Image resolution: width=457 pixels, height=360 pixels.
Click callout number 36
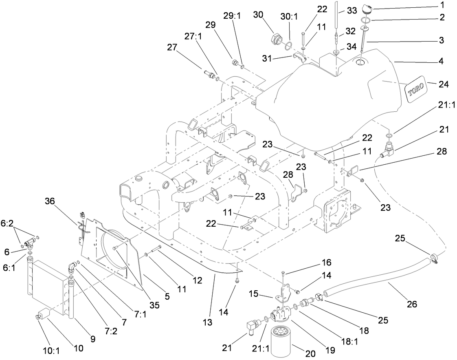click(50, 201)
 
